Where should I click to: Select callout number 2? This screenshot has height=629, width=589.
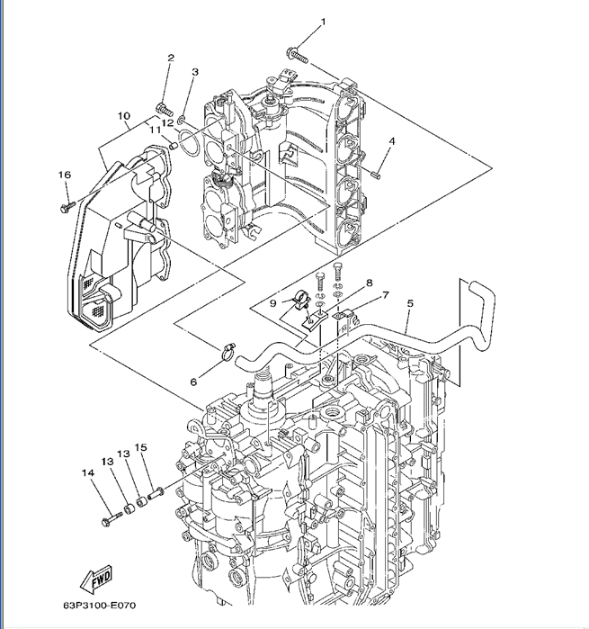pos(169,58)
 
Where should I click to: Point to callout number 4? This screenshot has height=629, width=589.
pos(392,141)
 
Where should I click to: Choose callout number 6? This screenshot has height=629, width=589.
pos(192,382)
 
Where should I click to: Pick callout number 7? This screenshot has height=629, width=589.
pos(385,294)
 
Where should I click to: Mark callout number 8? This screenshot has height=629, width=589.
pos(368,283)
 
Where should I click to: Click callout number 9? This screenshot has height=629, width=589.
pos(272,303)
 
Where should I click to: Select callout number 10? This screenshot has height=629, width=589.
pos(123,115)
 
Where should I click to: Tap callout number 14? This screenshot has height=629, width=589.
pos(87,472)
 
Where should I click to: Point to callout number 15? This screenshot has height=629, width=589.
pos(140,447)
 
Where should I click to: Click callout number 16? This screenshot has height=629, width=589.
pos(64,175)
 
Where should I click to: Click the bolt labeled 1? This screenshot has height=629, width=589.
pos(298,55)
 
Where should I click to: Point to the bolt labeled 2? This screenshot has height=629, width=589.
pos(163,109)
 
